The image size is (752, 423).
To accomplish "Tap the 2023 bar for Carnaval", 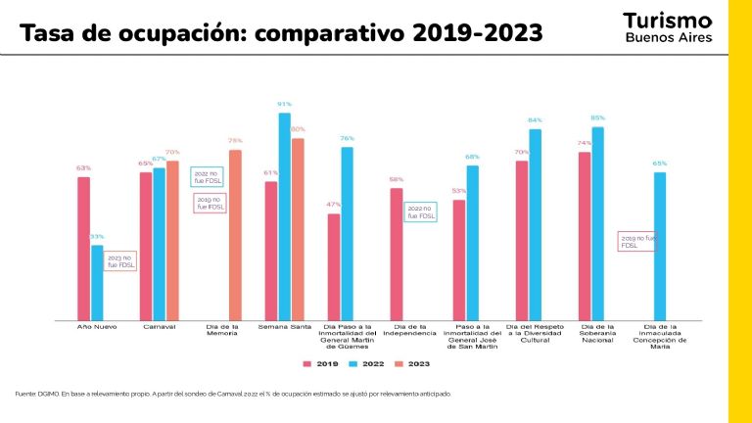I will (x=172, y=240).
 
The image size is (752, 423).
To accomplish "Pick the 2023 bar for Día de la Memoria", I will (x=235, y=234).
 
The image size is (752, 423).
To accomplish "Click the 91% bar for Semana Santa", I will (x=284, y=215).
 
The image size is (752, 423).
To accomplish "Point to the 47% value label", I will (x=333, y=204).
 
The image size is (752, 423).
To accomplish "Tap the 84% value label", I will (x=535, y=119).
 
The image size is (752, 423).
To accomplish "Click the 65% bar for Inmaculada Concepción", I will (x=660, y=246).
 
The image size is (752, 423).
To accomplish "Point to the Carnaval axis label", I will (x=159, y=326).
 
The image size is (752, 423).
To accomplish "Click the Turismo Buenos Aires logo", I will (x=667, y=27).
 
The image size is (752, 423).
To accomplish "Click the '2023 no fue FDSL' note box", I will (x=120, y=261).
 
